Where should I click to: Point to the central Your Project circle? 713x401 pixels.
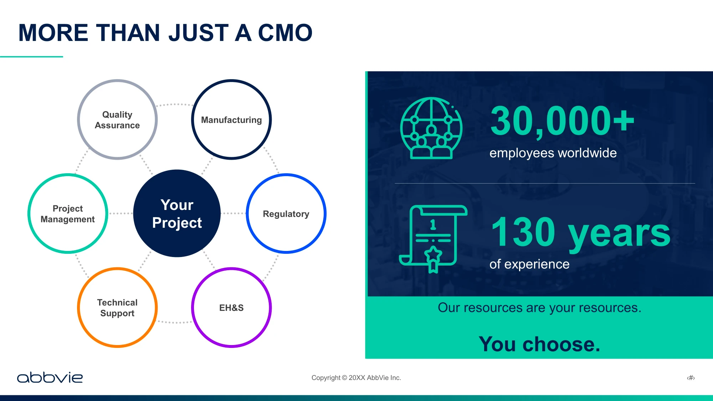coord(177,214)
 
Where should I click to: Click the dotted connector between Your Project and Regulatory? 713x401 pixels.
coord(233,214)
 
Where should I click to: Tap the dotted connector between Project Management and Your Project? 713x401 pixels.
coord(120,214)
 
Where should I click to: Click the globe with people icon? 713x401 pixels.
coord(431,128)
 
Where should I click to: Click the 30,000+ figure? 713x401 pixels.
coord(562,121)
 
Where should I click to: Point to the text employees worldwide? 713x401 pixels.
coord(553,153)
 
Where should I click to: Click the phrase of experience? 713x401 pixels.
coord(529,264)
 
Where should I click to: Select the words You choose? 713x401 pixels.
coord(539,344)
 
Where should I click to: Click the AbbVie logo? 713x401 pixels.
coord(50,377)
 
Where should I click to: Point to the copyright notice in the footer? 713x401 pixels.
coord(356,378)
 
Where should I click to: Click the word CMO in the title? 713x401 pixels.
coord(285,33)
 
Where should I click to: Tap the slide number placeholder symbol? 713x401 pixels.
coord(691,378)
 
